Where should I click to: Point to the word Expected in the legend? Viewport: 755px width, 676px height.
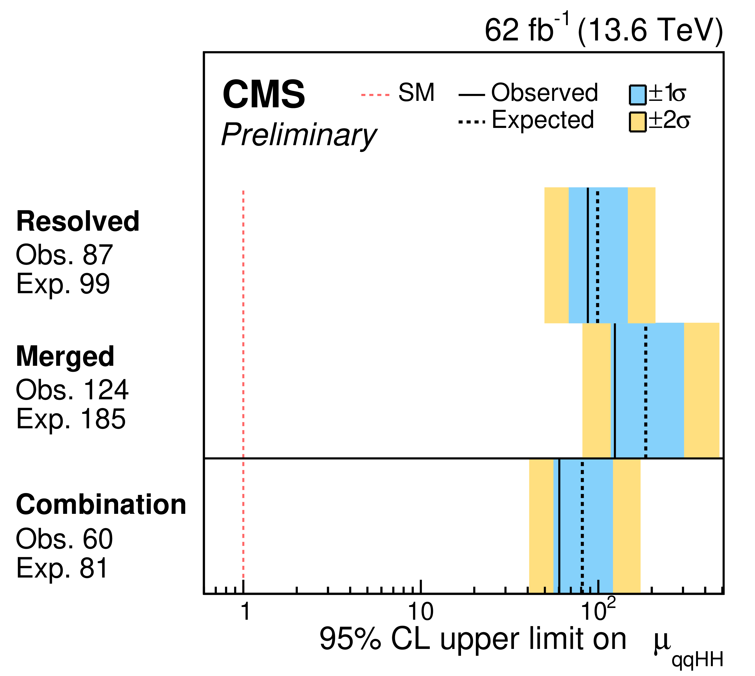point(543,120)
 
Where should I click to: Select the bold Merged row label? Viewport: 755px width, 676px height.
point(65,357)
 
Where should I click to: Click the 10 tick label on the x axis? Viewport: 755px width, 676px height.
point(421,612)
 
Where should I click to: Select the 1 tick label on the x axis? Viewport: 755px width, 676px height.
point(245,612)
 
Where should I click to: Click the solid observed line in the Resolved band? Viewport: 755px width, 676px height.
point(588,255)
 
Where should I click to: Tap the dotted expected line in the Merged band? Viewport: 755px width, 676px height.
point(646,391)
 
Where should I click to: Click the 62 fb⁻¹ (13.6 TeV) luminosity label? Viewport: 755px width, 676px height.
point(604,30)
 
